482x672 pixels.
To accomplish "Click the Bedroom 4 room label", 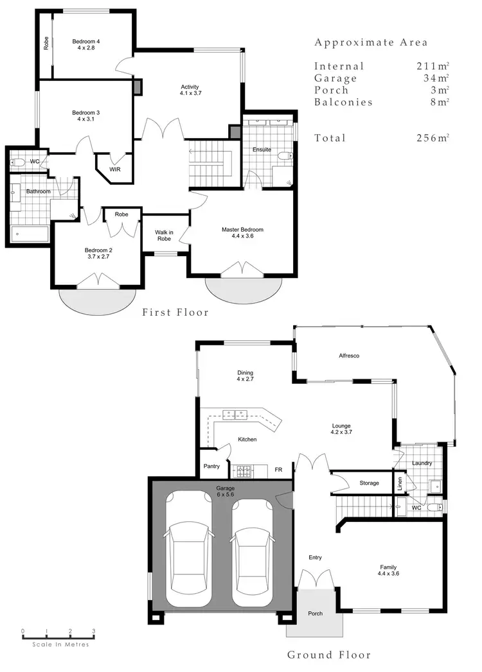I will pyautogui.click(x=86, y=45).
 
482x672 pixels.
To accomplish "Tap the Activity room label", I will pyautogui.click(x=190, y=90).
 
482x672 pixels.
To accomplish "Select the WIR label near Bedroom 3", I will pyautogui.click(x=115, y=169).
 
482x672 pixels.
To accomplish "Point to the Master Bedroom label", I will pyautogui.click(x=242, y=233).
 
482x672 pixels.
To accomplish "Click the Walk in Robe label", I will pyautogui.click(x=165, y=236).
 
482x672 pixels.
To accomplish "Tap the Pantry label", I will pyautogui.click(x=212, y=466).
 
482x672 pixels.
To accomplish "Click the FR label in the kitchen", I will pyautogui.click(x=279, y=470).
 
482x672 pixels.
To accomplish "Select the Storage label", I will pyautogui.click(x=369, y=483).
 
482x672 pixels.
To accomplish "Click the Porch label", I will pyautogui.click(x=315, y=614).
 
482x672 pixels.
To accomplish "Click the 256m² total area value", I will pyautogui.click(x=433, y=138).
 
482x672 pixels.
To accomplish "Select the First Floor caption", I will pyautogui.click(x=175, y=313).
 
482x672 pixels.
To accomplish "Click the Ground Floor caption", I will pyautogui.click(x=328, y=655).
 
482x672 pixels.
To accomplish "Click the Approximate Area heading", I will pyautogui.click(x=371, y=43).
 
